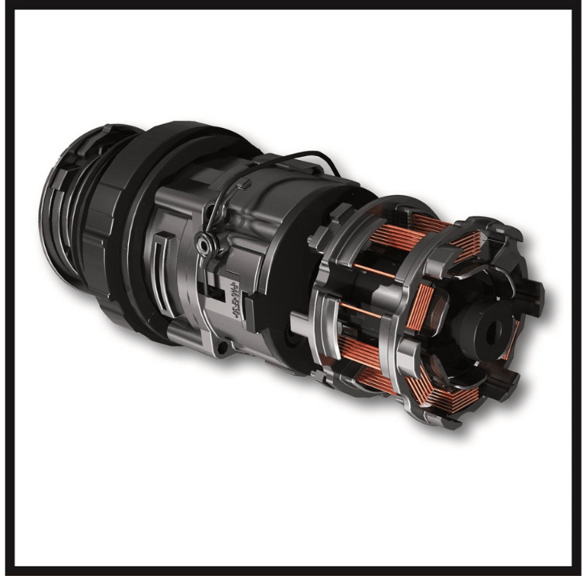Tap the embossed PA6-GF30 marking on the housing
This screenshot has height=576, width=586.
pyautogui.click(x=232, y=298)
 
